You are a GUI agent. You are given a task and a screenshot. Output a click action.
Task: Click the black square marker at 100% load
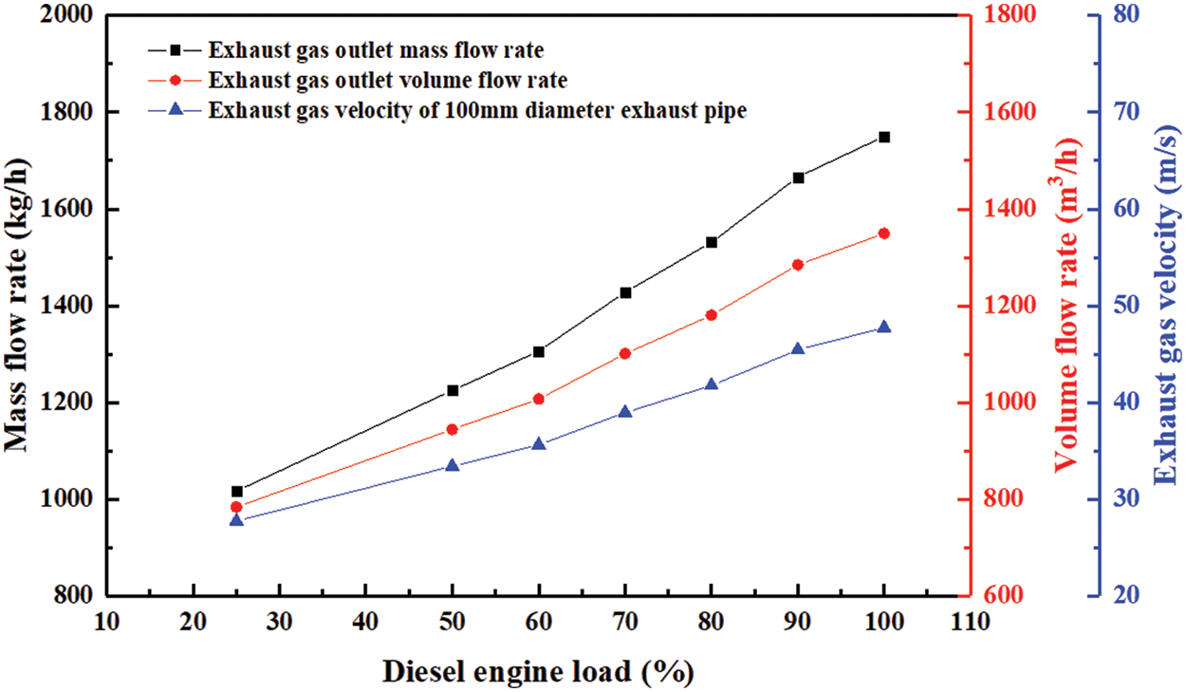click(884, 137)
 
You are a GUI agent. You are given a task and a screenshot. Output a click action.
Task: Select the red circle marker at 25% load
click(237, 507)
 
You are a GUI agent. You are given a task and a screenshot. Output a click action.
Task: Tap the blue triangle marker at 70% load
click(625, 412)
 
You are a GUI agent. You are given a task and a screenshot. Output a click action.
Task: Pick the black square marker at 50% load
click(453, 390)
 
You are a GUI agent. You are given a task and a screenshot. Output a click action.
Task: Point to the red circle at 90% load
click(798, 265)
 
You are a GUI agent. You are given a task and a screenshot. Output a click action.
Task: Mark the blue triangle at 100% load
click(884, 327)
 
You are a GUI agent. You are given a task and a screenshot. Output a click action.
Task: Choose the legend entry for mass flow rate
click(376, 49)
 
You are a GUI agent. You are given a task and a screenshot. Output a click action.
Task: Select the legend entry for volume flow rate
click(389, 79)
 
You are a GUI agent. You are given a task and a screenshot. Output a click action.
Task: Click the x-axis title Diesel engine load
click(538, 671)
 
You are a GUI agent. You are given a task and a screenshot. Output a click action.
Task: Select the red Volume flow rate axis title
click(1068, 306)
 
